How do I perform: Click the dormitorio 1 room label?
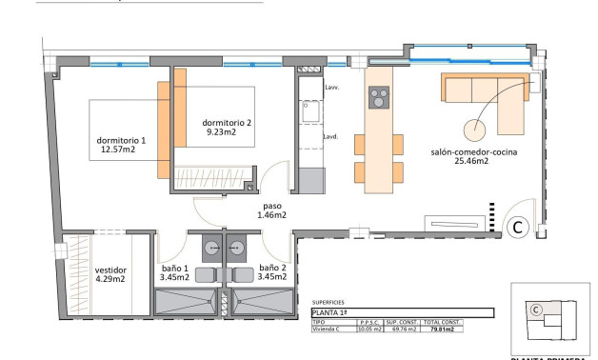[123, 147]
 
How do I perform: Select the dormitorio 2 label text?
[227, 128]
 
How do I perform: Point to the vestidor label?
[110, 273]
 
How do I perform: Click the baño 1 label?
[173, 272]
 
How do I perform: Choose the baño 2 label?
[272, 272]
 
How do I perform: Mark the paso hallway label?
[271, 210]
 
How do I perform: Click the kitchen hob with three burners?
[380, 99]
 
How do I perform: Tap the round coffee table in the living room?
[476, 130]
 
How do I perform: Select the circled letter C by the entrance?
[519, 228]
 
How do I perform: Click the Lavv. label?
[331, 88]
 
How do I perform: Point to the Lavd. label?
[331, 135]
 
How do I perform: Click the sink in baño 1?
[206, 245]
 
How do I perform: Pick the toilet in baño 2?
[241, 274]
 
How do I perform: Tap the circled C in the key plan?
[536, 309]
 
